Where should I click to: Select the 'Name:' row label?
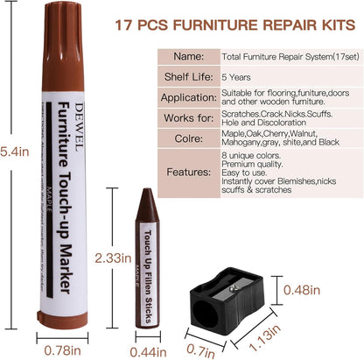click(x=192, y=54)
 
